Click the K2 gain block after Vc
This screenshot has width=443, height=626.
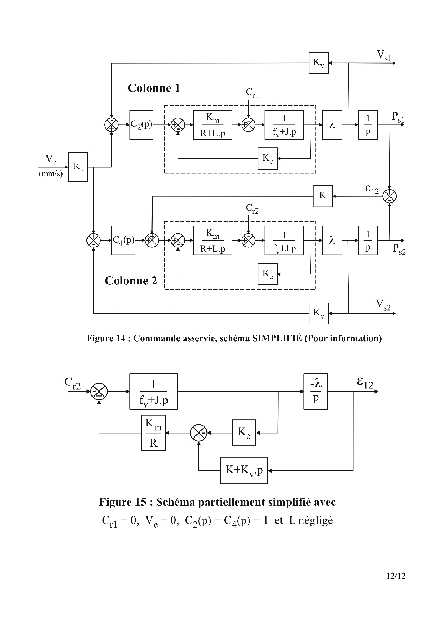click(x=78, y=167)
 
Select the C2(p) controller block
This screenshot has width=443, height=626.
click(x=141, y=125)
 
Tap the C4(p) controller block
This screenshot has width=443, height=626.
click(x=123, y=240)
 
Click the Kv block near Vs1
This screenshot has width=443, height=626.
click(x=318, y=63)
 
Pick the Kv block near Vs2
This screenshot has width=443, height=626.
click(x=318, y=313)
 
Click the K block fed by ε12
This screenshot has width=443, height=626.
click(x=323, y=196)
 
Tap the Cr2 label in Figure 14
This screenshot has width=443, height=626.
click(x=252, y=209)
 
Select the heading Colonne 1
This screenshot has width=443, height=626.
click(x=154, y=88)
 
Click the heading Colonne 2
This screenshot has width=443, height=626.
click(x=131, y=281)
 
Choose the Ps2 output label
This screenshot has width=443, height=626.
click(x=399, y=249)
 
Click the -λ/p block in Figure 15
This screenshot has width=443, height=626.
click(x=315, y=392)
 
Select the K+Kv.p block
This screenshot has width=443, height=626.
click(x=244, y=470)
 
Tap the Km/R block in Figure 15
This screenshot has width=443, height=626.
click(x=153, y=433)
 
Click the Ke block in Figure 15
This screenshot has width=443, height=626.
click(x=244, y=433)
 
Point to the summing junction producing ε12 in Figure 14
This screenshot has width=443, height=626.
click(x=389, y=196)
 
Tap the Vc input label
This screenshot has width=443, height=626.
click(x=51, y=160)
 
